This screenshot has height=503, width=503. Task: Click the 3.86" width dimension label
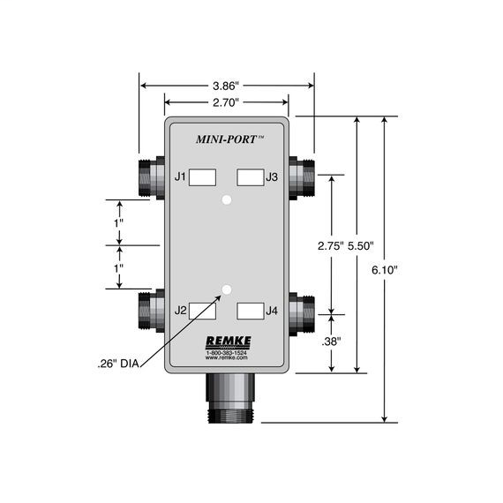[x=227, y=86]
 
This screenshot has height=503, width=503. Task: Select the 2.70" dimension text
[x=227, y=103]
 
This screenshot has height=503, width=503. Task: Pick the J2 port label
[x=180, y=310]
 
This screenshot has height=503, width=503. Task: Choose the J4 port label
[x=272, y=310]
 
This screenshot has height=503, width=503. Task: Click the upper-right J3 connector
[x=303, y=176]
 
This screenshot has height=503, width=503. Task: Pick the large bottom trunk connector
[x=227, y=396]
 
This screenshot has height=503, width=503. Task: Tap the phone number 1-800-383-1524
[x=227, y=352]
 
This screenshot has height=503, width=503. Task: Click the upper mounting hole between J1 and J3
[x=227, y=201]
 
